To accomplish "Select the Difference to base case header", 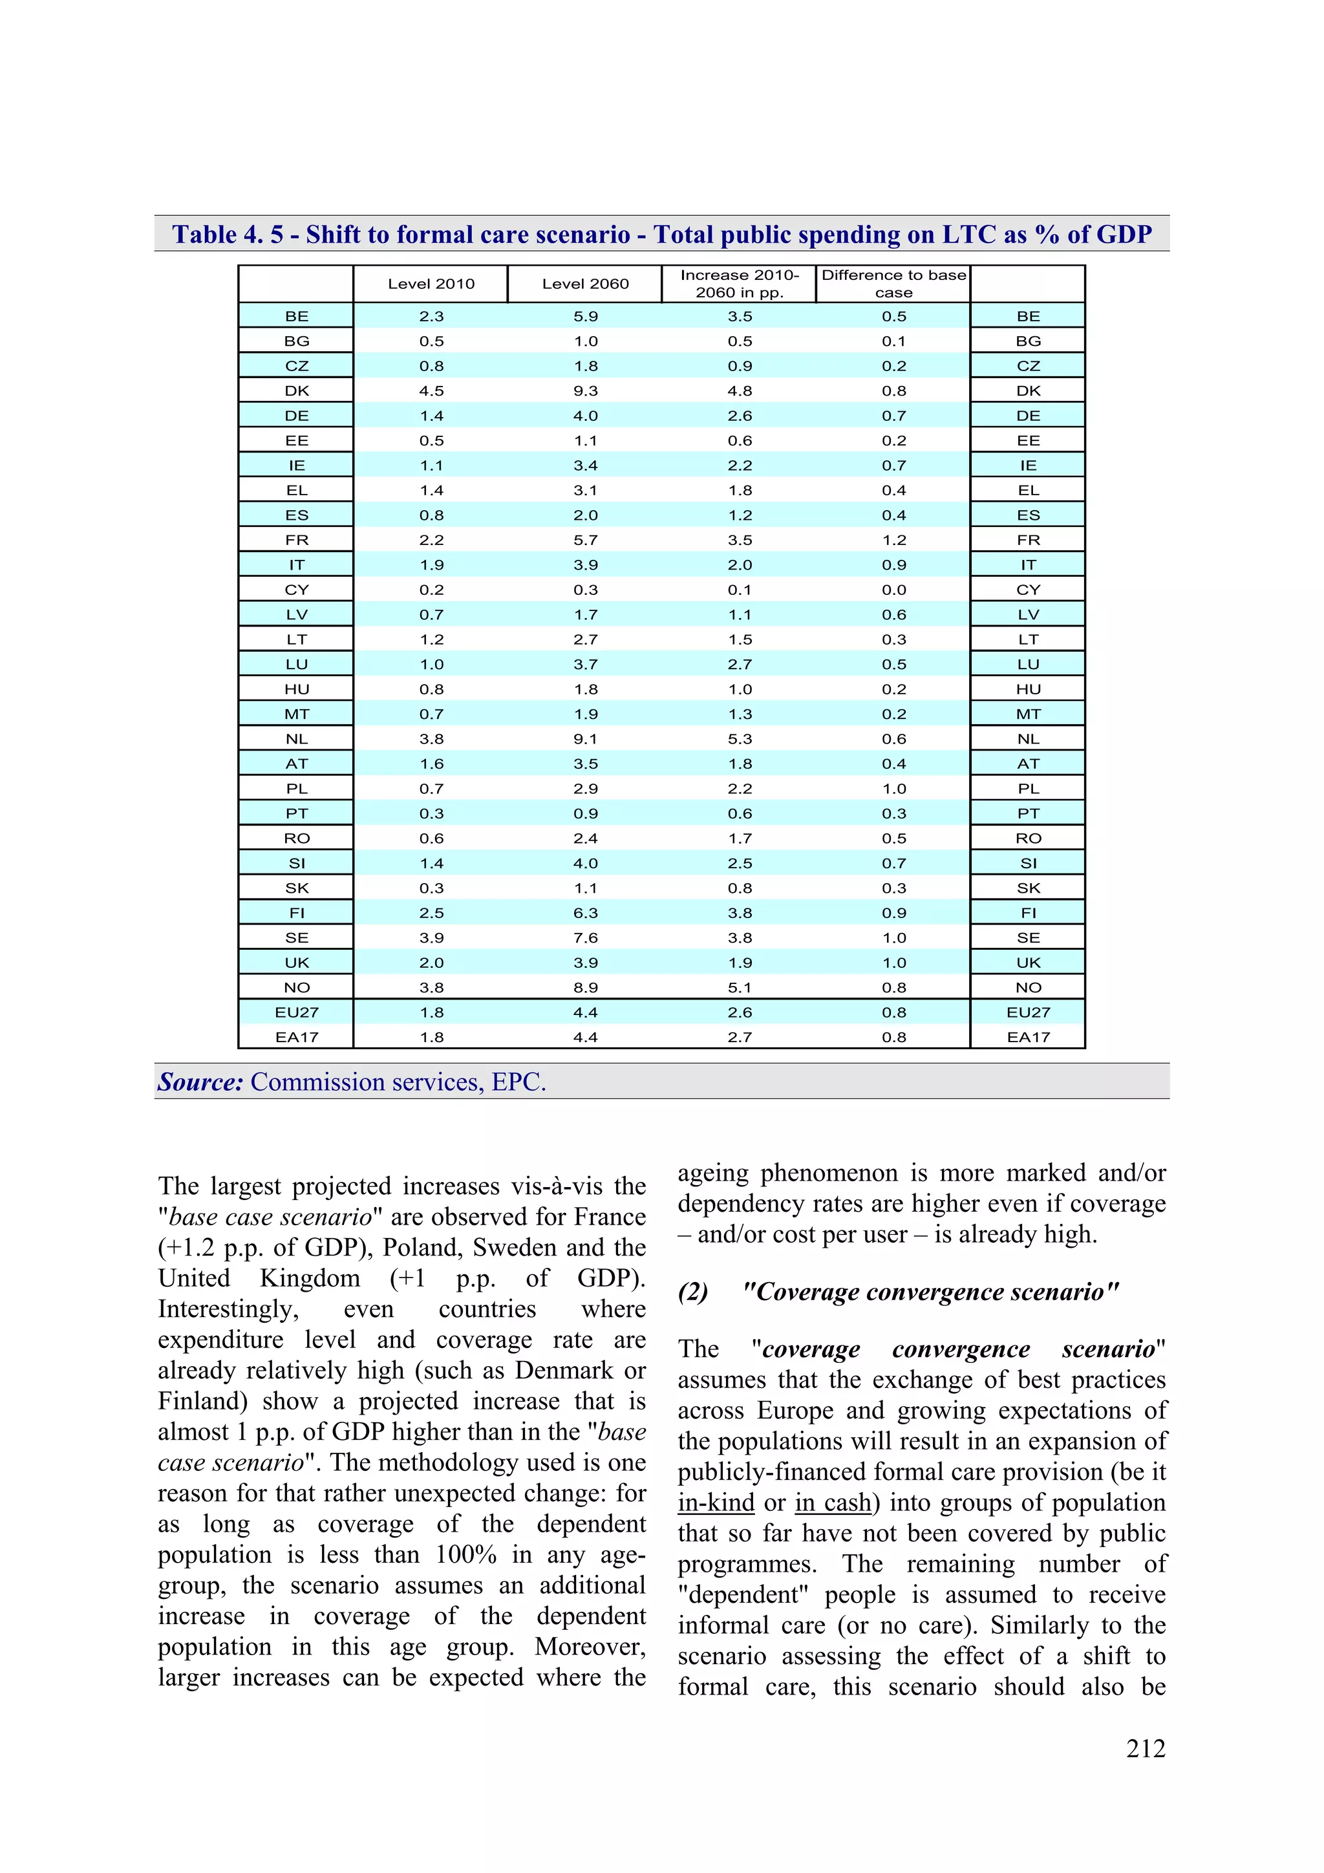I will click(893, 284).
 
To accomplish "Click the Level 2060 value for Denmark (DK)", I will click(585, 391).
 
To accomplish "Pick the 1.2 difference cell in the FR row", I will click(893, 540).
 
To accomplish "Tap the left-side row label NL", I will click(296, 739).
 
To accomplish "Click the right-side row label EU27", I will click(1028, 1012).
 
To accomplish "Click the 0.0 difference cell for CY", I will click(893, 590).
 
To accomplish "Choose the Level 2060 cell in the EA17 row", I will click(585, 1038).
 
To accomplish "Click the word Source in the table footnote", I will click(200, 1082).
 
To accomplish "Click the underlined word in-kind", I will click(716, 1503).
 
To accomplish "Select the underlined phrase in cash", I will click(832, 1503).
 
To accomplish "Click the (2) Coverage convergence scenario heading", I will click(897, 1292).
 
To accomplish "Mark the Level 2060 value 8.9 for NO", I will click(585, 988).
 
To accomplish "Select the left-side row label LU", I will click(296, 665).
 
